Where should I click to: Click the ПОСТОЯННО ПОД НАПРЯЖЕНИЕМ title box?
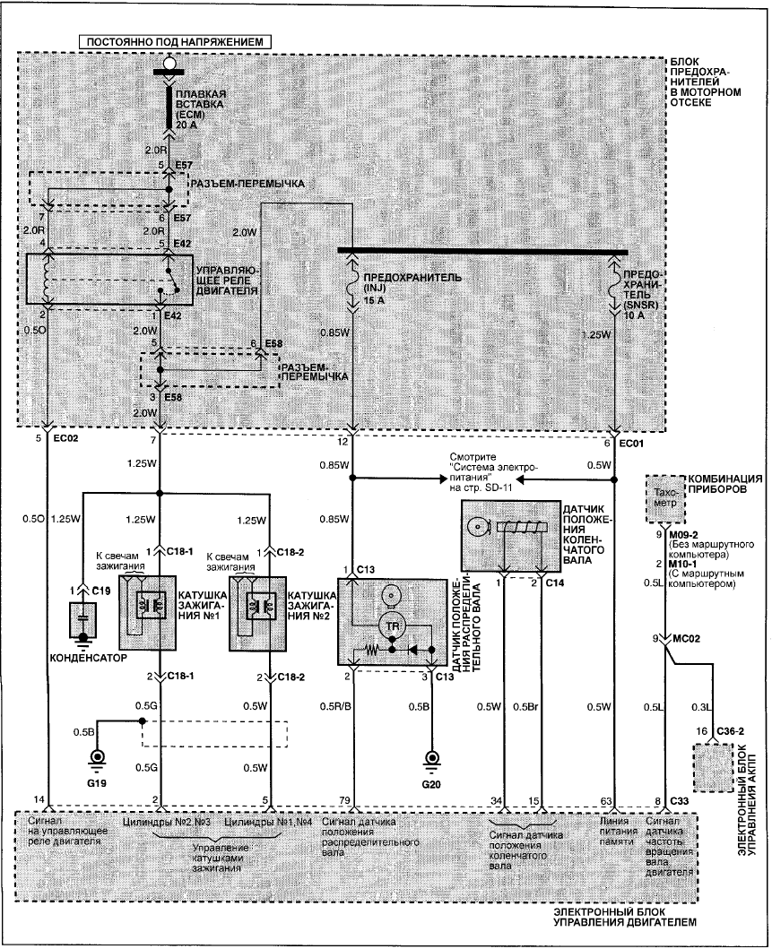tap(175, 42)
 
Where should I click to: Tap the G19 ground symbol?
tap(96, 760)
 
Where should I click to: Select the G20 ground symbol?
tap(431, 761)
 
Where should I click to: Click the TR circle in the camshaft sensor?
tap(393, 626)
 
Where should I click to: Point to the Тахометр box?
tap(665, 498)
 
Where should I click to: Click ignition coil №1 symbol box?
tap(148, 613)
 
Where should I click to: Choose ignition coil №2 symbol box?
tap(257, 613)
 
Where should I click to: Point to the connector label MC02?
tap(685, 639)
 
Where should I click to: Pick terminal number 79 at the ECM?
tap(344, 801)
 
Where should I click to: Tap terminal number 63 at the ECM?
tap(606, 801)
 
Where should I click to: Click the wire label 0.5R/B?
tap(335, 706)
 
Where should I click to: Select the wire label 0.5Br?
tap(525, 706)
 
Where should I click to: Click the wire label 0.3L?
tap(702, 706)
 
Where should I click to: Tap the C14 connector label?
tap(555, 582)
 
